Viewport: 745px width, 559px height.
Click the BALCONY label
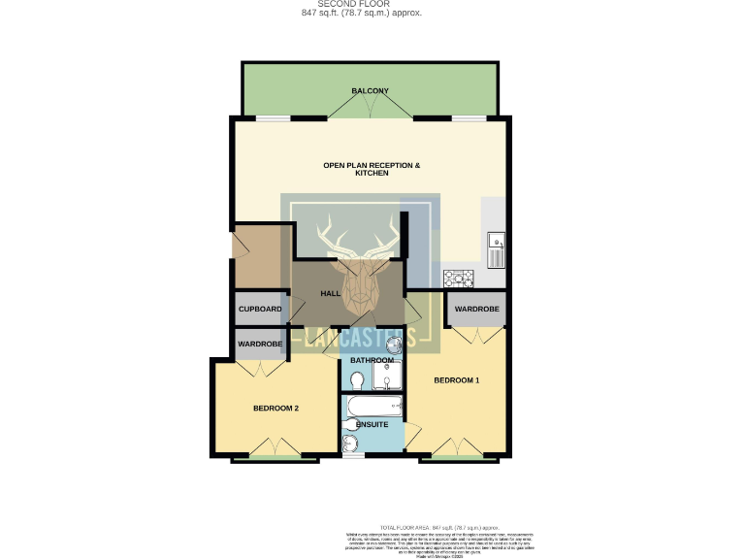pyautogui.click(x=371, y=91)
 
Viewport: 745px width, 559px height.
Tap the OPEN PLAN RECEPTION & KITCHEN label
pyautogui.click(x=372, y=169)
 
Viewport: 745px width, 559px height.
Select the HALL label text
pyautogui.click(x=331, y=293)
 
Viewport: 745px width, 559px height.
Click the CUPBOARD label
pyautogui.click(x=260, y=310)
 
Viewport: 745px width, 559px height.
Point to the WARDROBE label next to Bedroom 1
pyautogui.click(x=476, y=310)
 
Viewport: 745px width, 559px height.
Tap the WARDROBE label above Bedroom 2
pyautogui.click(x=260, y=344)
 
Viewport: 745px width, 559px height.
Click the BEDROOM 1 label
pyautogui.click(x=456, y=379)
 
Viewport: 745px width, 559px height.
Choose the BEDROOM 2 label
pyautogui.click(x=275, y=409)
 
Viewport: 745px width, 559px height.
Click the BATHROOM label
pyautogui.click(x=372, y=360)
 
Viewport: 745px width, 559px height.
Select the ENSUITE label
pyautogui.click(x=372, y=424)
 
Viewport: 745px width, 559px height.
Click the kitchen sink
pyautogui.click(x=496, y=248)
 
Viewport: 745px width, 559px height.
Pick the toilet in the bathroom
pyautogui.click(x=356, y=380)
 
